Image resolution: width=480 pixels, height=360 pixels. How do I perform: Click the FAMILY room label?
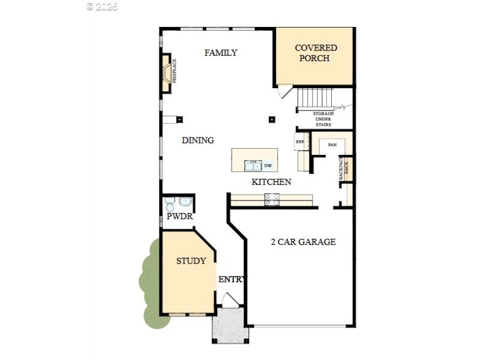point(221,53)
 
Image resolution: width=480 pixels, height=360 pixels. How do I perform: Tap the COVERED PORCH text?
point(316,53)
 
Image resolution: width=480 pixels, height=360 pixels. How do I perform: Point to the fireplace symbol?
point(166,73)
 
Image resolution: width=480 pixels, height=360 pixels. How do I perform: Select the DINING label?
point(198,140)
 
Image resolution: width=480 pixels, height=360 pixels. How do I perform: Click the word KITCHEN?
point(271,182)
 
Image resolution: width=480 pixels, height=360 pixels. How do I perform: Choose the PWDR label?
point(179,216)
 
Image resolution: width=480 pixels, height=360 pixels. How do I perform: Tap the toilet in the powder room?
point(170,202)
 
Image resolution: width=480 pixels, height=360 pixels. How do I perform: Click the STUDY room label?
point(191,261)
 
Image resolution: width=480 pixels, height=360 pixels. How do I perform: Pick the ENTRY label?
point(232,280)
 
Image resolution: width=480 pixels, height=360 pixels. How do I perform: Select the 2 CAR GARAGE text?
point(303,242)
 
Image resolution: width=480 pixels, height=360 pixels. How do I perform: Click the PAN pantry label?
point(332,145)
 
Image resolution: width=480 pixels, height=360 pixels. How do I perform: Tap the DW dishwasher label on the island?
point(268,165)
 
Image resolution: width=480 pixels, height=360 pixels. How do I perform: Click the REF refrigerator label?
point(300,142)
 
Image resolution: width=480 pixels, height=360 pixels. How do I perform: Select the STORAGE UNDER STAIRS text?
point(323,119)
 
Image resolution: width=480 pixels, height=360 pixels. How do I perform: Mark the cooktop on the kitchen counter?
point(272,200)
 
